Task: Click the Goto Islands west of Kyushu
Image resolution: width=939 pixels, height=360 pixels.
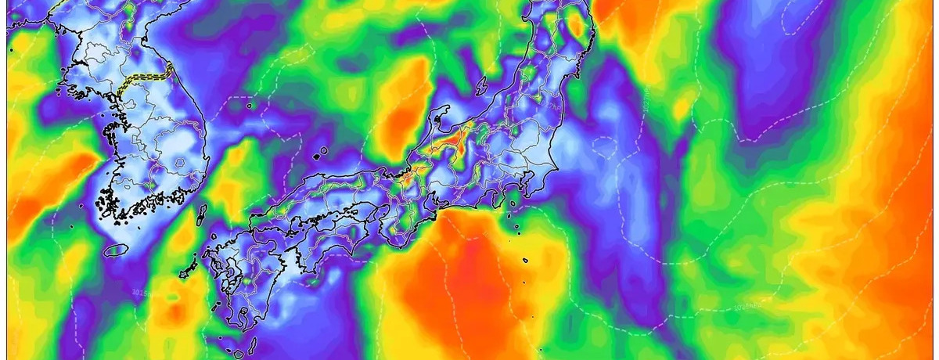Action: pos(188,269)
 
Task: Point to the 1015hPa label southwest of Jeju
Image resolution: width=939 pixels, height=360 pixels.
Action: pos(141,292)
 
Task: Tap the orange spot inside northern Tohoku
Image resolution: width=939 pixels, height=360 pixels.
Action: pos(577,27)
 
